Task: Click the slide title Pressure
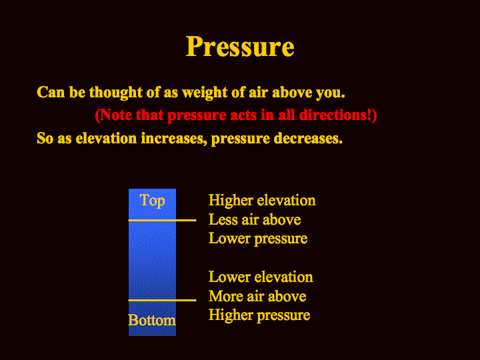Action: click(240, 47)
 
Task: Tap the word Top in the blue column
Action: click(152, 201)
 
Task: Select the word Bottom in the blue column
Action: click(152, 320)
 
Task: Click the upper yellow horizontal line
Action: click(162, 220)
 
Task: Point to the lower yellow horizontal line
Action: click(162, 300)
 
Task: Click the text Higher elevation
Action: click(262, 201)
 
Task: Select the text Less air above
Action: click(255, 220)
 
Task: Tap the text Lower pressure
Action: click(258, 239)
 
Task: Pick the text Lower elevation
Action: click(261, 277)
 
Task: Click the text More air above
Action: click(257, 296)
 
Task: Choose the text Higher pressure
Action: click(259, 315)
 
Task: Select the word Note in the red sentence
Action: click(116, 115)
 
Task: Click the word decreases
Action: click(308, 139)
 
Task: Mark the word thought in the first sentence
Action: click(116, 93)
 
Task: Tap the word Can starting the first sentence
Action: click(51, 93)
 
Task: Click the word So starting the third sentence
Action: click(45, 139)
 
